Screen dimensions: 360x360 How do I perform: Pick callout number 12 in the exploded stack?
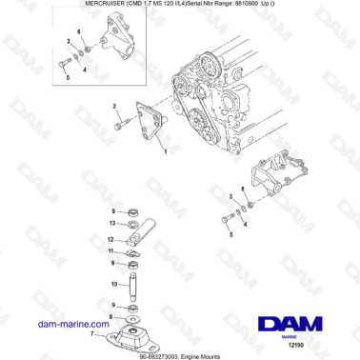click(110, 239)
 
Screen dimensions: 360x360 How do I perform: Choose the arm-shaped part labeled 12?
click(141, 233)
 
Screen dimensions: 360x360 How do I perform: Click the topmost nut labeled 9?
click(134, 210)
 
